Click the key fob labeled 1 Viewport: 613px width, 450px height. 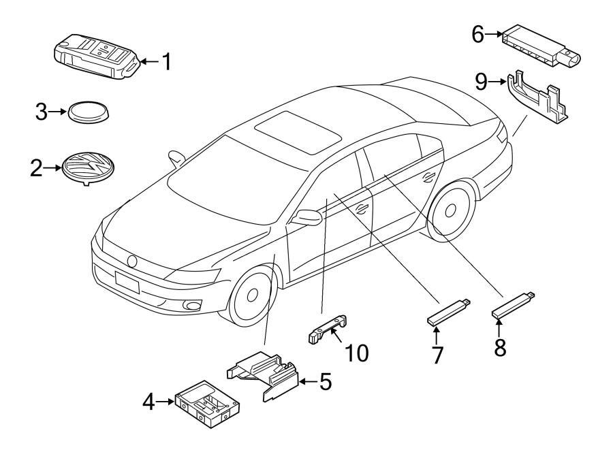point(95,57)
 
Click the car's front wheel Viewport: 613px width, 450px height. point(253,295)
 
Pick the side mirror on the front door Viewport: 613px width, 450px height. point(307,218)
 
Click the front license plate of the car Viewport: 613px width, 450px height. point(128,281)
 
